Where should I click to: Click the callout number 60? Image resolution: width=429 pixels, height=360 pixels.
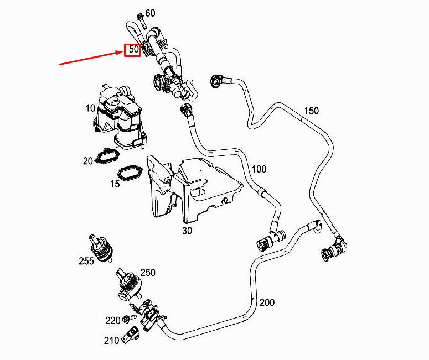[150, 13]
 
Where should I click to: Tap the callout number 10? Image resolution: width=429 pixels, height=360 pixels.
[90, 108]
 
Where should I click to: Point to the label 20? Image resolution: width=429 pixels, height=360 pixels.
[87, 161]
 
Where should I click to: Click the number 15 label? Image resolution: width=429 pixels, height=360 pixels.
[115, 184]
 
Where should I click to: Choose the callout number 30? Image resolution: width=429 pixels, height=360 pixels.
[187, 231]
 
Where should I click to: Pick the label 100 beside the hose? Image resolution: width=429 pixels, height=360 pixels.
[259, 169]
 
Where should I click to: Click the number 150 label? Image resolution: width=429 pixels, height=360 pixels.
[311, 111]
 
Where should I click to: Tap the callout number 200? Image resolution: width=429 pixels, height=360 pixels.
[267, 302]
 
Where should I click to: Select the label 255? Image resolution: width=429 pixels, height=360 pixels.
[86, 261]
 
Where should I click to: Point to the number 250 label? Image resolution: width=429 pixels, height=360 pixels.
[148, 272]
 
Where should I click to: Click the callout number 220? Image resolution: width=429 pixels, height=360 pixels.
[113, 320]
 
